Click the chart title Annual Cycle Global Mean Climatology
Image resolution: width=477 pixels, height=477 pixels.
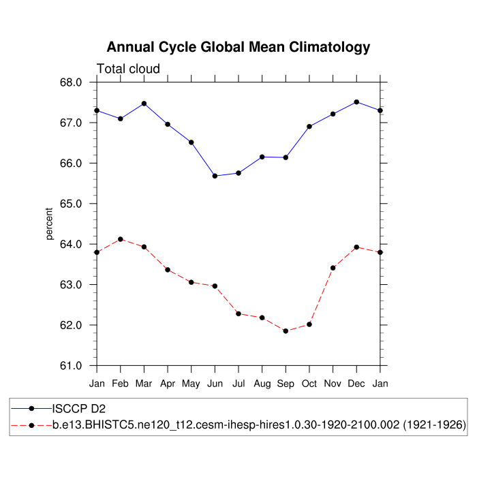(238, 47)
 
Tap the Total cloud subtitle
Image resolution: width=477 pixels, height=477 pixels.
(128, 69)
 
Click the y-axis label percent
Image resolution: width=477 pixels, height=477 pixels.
(49, 224)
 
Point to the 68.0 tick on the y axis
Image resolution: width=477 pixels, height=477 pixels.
(71, 82)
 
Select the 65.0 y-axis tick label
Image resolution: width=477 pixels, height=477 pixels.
(71, 204)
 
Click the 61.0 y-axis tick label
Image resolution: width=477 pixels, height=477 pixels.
(71, 366)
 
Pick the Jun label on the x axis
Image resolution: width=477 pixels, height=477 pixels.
(215, 384)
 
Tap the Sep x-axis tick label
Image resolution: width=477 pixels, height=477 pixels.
(286, 384)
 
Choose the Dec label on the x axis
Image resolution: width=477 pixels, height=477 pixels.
(356, 384)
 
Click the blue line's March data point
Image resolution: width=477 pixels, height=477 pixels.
(144, 104)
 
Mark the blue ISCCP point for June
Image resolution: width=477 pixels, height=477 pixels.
(215, 176)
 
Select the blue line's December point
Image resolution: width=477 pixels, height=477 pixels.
(356, 102)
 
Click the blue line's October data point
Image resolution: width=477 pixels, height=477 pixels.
(309, 126)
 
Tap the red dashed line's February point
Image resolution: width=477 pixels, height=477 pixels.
(121, 239)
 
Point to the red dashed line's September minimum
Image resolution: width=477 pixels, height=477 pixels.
(286, 331)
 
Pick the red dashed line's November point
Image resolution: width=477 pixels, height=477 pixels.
(333, 268)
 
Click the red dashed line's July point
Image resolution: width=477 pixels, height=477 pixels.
(238, 313)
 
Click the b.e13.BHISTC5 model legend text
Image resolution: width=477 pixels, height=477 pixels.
(259, 425)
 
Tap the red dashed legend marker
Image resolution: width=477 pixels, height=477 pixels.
(31, 425)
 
